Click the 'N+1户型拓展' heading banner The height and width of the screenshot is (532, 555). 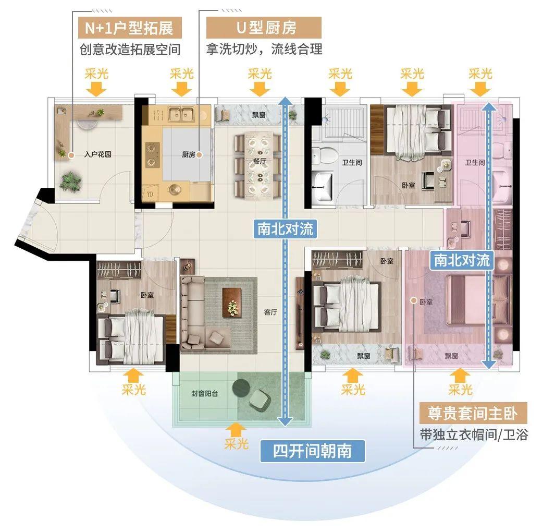coord(130,28)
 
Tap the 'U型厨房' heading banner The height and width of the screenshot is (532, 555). coord(264,28)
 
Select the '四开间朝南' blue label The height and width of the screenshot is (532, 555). coord(312,451)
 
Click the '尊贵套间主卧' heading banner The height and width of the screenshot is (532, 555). coord(473,413)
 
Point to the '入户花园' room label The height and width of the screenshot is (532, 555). coord(98,154)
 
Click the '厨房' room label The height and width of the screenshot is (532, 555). coord(188,154)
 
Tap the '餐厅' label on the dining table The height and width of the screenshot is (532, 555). coord(260,161)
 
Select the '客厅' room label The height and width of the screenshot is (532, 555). coord(270,312)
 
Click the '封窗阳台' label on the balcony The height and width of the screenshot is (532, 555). coord(205,393)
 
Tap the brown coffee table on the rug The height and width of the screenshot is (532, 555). coord(232,302)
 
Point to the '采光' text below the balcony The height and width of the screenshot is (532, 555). coord(236,443)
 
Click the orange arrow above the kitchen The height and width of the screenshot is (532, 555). coord(181,89)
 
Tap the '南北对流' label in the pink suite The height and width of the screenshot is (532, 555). coord(462,261)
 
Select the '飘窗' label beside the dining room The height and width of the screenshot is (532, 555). coord(259,115)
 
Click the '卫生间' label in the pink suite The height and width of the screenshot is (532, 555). coord(475,163)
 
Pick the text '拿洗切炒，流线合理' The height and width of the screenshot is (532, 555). coord(264,49)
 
